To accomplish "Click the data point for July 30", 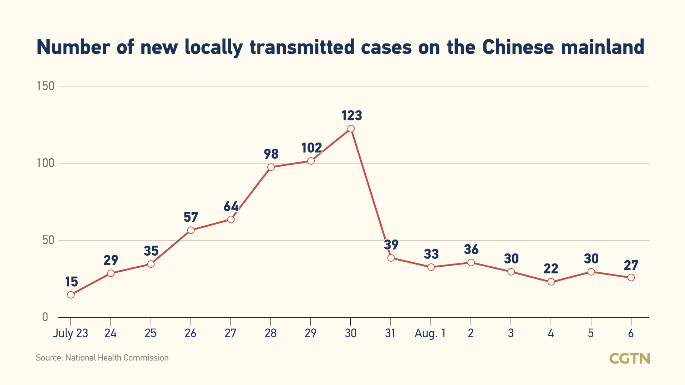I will (x=351, y=129).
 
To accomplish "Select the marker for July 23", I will (x=71, y=295).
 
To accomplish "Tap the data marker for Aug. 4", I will (x=551, y=282).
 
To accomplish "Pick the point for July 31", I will (x=391, y=258).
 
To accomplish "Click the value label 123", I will (x=352, y=115).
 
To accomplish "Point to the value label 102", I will (x=311, y=148).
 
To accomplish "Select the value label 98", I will (x=271, y=154).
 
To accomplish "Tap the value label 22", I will (x=551, y=268).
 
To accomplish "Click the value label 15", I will (x=71, y=282).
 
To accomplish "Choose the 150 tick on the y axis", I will (x=46, y=86).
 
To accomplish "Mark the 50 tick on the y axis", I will (x=48, y=240).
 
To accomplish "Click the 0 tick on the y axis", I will (x=45, y=317).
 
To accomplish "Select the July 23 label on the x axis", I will (x=70, y=333).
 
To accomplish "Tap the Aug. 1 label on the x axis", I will (x=430, y=333).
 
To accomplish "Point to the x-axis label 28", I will (x=270, y=333).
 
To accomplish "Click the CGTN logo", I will (x=629, y=359).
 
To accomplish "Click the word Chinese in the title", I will (x=518, y=47).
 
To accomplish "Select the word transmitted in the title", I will (x=302, y=47).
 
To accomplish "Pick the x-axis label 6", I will (x=631, y=333).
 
